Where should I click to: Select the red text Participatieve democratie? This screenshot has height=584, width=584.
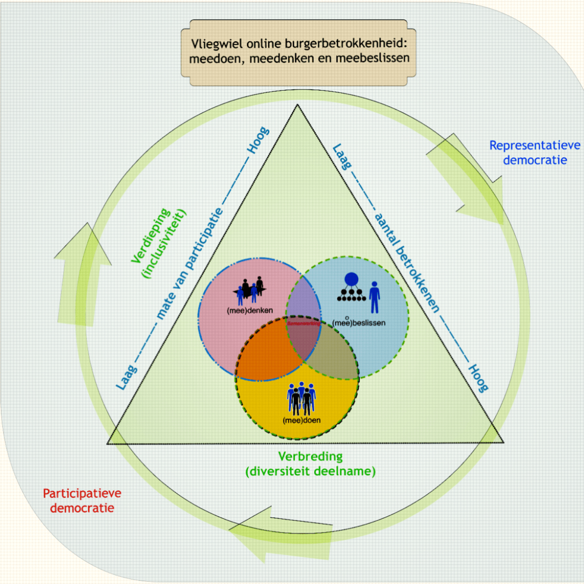pos(82,500)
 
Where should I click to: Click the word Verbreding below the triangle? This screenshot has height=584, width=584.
pos(310,456)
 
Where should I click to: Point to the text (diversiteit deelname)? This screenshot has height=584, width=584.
pos(310,472)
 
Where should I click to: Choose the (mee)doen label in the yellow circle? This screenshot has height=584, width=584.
pos(301,420)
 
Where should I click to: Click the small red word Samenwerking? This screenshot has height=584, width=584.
pos(304,323)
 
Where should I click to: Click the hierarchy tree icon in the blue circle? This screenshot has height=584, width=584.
pos(351,288)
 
